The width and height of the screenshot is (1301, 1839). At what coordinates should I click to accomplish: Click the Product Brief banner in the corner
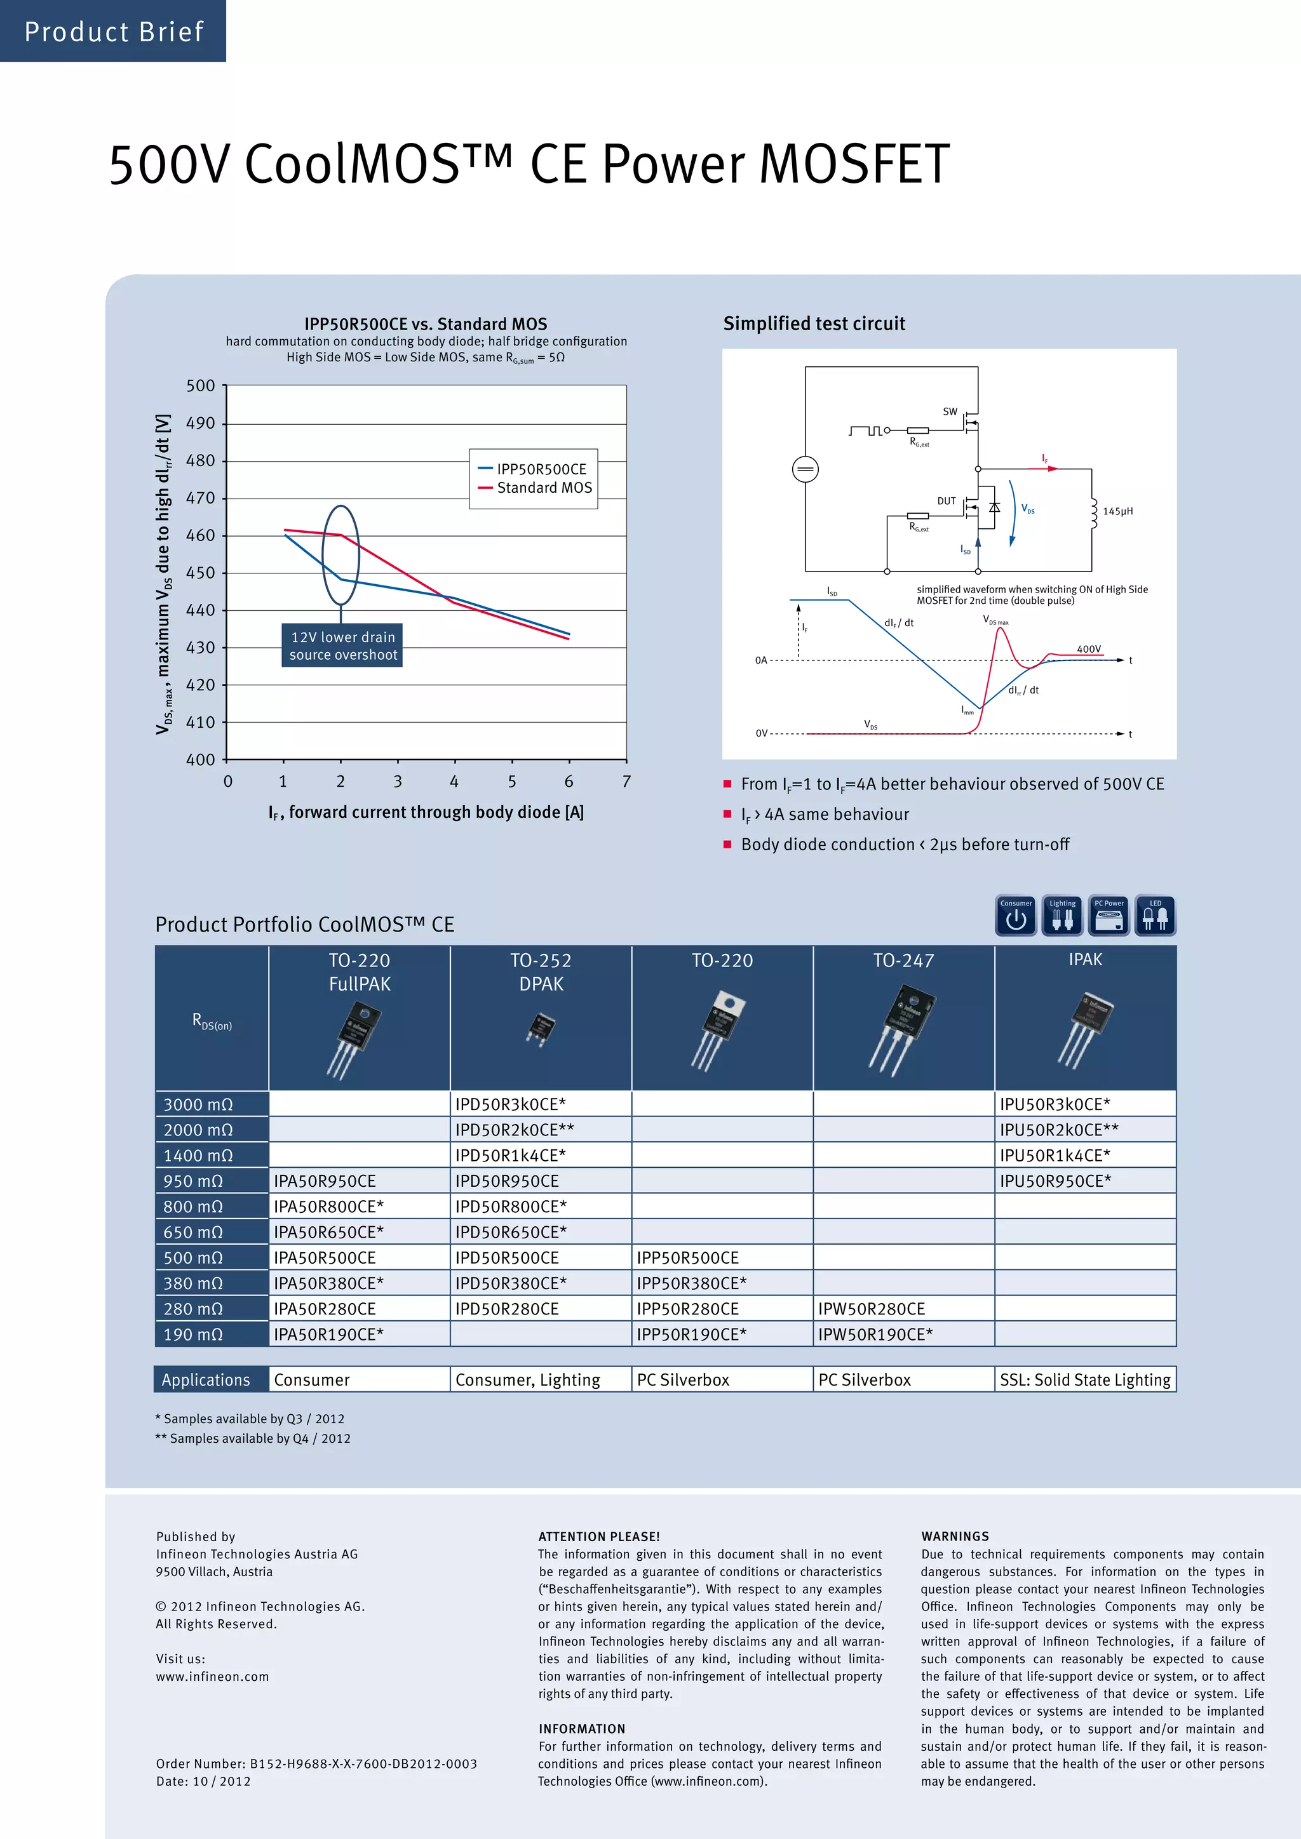113,31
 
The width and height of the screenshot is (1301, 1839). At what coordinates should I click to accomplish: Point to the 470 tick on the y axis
200,498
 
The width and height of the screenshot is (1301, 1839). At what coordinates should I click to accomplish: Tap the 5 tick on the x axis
512,781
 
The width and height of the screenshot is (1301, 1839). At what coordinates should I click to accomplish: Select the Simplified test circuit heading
814,324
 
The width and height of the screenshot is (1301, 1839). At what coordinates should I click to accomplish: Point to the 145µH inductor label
1117,511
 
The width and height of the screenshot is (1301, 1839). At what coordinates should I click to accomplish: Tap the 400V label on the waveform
1089,649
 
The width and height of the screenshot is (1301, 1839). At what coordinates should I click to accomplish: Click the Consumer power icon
1016,916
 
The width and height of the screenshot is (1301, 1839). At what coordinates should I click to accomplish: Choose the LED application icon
1155,916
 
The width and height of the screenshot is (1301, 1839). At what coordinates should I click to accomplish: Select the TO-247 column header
904,960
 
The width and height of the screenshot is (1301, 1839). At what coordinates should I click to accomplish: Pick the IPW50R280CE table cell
872,1309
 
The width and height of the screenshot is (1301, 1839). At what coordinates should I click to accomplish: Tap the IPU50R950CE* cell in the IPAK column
1055,1180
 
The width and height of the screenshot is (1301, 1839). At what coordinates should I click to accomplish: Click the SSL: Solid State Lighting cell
1085,1379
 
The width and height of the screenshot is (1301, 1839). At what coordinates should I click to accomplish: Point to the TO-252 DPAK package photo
541,1027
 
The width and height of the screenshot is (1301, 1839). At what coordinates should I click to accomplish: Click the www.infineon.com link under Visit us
212,1676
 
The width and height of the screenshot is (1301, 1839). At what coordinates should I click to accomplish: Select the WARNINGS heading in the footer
955,1536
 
